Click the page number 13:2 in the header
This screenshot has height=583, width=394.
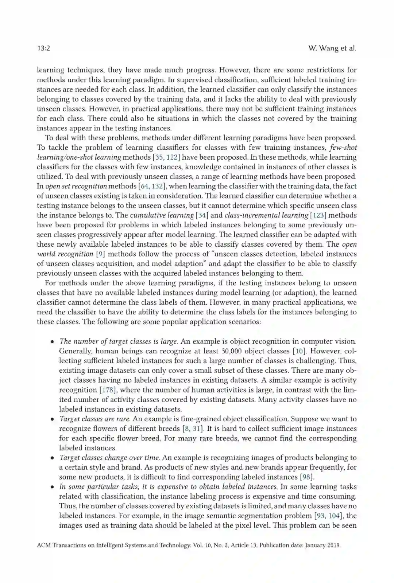(43, 48)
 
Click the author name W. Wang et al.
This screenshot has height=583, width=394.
(332, 48)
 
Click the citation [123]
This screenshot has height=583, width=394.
(318, 215)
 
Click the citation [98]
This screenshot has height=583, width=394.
(307, 477)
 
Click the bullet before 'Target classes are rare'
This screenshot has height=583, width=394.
(53, 419)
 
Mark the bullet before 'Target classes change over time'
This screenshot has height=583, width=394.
(53, 458)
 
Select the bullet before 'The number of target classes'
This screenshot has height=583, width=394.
(53, 342)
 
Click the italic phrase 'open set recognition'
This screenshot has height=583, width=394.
(76, 186)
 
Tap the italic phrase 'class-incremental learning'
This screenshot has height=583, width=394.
(266, 215)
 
